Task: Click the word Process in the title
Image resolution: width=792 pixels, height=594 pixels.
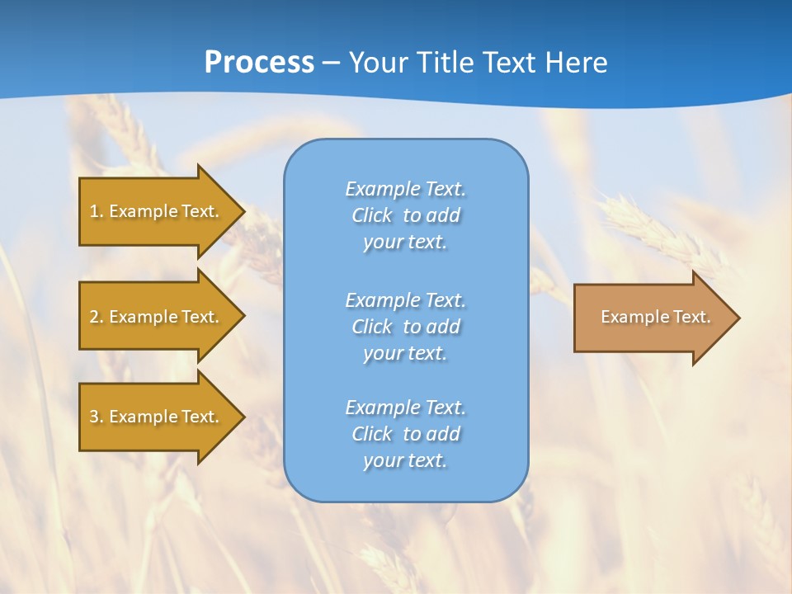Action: click(x=259, y=63)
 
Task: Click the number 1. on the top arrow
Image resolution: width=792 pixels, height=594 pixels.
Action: click(x=97, y=211)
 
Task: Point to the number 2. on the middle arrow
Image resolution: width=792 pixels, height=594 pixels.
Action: click(x=97, y=317)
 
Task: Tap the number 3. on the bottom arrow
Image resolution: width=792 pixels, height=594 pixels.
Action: click(x=97, y=417)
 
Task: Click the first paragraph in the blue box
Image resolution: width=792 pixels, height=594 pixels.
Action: click(x=406, y=215)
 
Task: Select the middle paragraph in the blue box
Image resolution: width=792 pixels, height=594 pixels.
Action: click(x=406, y=327)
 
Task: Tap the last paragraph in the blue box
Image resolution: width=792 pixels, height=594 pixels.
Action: click(x=406, y=434)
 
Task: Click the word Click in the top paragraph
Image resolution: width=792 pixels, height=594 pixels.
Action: click(x=371, y=215)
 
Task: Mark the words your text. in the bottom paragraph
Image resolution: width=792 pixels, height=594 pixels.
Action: click(x=405, y=460)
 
